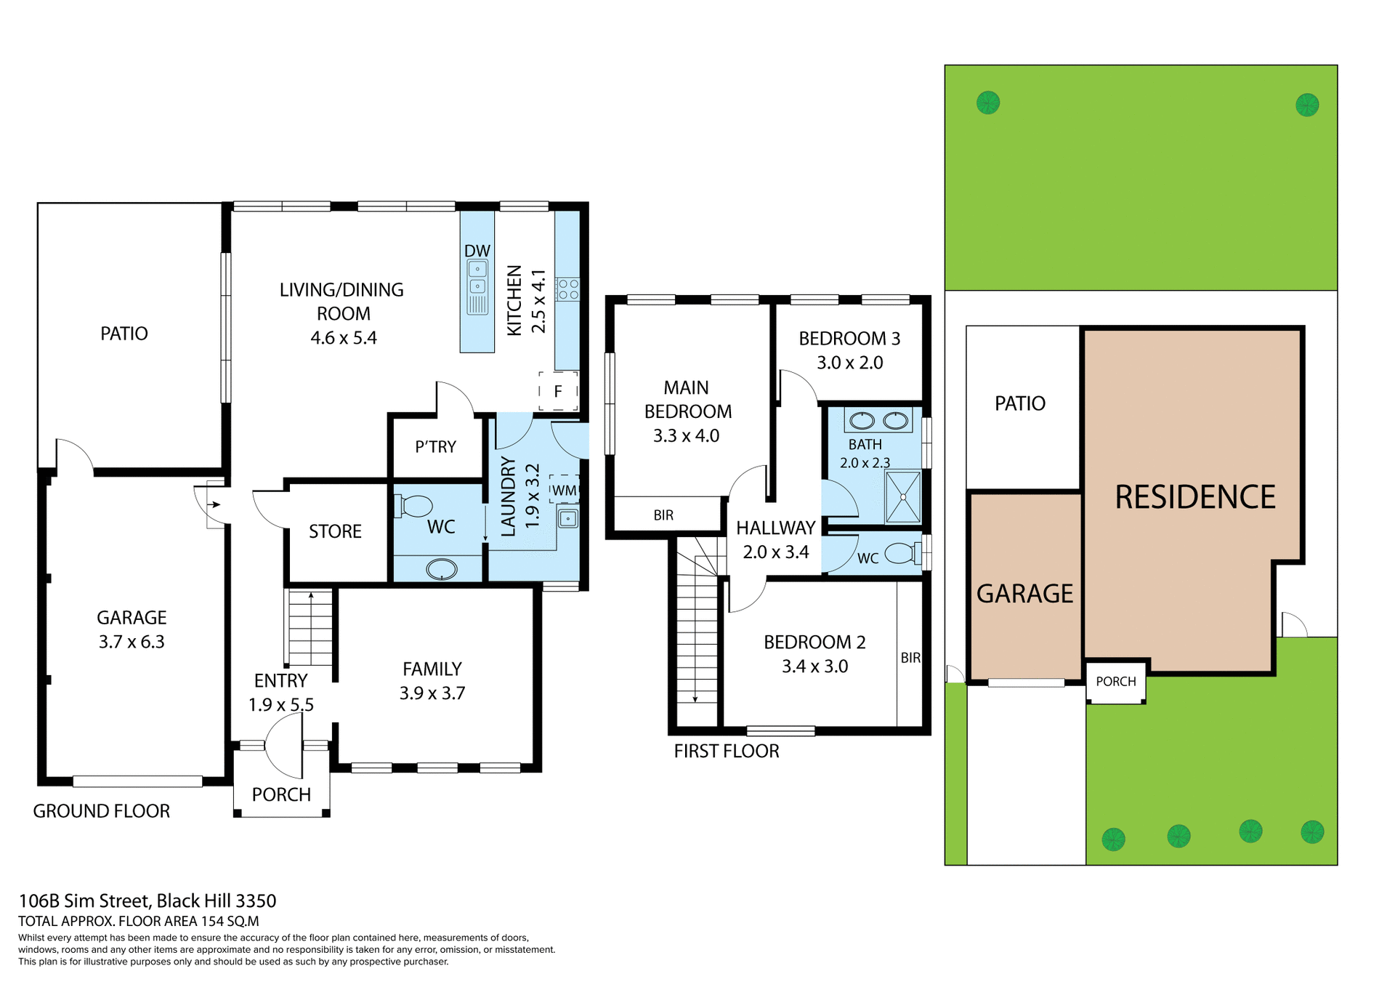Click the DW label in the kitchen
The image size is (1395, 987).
477,251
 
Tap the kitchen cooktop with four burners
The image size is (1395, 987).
568,289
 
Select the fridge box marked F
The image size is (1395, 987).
558,392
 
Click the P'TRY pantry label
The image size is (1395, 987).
435,447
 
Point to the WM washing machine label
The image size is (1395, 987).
564,491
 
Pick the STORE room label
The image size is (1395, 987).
335,531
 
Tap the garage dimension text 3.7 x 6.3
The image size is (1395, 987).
132,642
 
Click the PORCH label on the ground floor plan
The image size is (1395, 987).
281,794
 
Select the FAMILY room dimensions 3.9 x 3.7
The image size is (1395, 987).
432,693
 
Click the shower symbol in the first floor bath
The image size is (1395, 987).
903,497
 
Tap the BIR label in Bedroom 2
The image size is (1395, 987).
910,658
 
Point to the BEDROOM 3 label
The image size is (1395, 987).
849,339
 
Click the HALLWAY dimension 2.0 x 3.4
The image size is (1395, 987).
775,552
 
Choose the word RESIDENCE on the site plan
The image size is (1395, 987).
1195,497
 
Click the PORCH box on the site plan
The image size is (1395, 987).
1115,682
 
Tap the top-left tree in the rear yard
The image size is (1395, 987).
988,102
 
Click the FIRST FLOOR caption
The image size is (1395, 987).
726,751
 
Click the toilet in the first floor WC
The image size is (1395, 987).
902,554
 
